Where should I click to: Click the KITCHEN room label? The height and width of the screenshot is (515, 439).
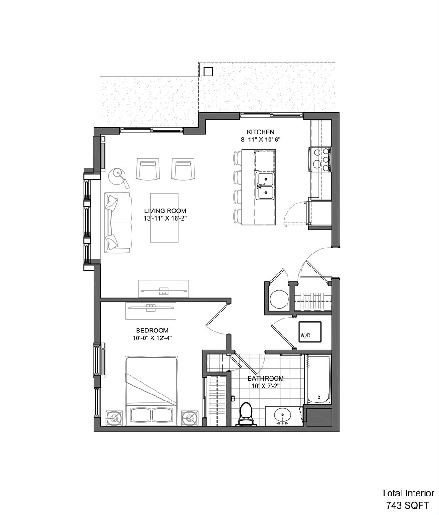261,132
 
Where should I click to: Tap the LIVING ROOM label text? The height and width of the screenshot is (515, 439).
165,211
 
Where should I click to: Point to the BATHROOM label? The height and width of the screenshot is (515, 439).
266,378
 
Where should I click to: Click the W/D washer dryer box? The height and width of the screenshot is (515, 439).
310,332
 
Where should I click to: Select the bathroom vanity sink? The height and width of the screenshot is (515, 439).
282,415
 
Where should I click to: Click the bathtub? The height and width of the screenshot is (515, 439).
318,379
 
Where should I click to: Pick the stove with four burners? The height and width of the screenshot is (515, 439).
320,159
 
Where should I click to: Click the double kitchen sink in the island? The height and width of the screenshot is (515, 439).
266,186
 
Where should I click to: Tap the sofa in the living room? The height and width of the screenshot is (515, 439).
118,223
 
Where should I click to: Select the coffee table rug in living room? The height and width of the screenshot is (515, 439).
164,218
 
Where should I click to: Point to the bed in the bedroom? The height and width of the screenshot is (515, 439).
152,390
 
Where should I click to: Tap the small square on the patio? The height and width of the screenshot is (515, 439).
208,71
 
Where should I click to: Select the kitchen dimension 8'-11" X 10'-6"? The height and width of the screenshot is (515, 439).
261,140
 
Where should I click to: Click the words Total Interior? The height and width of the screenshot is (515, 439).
408,493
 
